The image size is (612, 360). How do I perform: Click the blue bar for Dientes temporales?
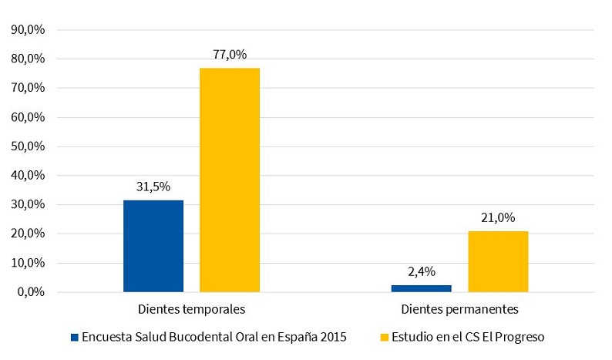(153, 246)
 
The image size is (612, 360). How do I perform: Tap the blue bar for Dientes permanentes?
(422, 288)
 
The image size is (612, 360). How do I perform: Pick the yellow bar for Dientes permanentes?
(498, 261)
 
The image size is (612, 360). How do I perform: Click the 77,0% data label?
(230, 55)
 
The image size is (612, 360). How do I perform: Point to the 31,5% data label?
(153, 187)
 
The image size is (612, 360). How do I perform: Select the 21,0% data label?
(498, 218)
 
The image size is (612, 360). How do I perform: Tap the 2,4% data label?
(422, 271)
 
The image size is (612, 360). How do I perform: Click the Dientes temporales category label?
(192, 310)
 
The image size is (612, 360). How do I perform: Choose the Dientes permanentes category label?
(460, 310)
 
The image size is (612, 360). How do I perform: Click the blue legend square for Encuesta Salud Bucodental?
(75, 337)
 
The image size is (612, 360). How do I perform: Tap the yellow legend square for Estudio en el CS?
(385, 337)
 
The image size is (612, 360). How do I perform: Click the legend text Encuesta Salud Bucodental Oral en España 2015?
(214, 337)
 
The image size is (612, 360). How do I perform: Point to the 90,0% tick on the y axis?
(29, 30)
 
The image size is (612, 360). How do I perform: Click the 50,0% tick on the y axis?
(29, 146)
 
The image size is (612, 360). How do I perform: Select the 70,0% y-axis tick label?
(29, 88)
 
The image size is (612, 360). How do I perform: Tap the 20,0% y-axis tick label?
(29, 234)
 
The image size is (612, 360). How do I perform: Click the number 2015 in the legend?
(334, 337)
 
